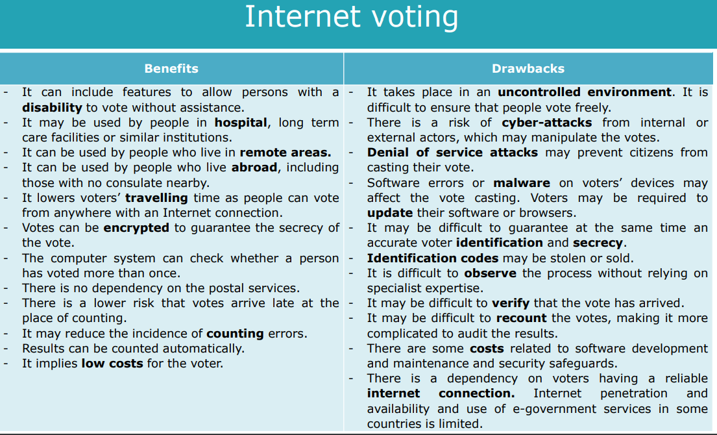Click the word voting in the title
[x=415, y=18]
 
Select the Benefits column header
[x=171, y=69]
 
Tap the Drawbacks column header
[x=528, y=69]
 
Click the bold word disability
[x=52, y=108]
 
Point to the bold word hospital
[x=241, y=123]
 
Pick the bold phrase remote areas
[x=286, y=153]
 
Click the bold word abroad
[x=254, y=168]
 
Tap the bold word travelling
[x=156, y=198]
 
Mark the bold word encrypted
[x=136, y=229]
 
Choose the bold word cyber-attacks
[x=547, y=123]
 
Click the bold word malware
[x=522, y=183]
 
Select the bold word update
[x=390, y=213]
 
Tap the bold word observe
[x=490, y=273]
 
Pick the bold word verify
[x=511, y=303]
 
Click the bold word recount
[x=521, y=318]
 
